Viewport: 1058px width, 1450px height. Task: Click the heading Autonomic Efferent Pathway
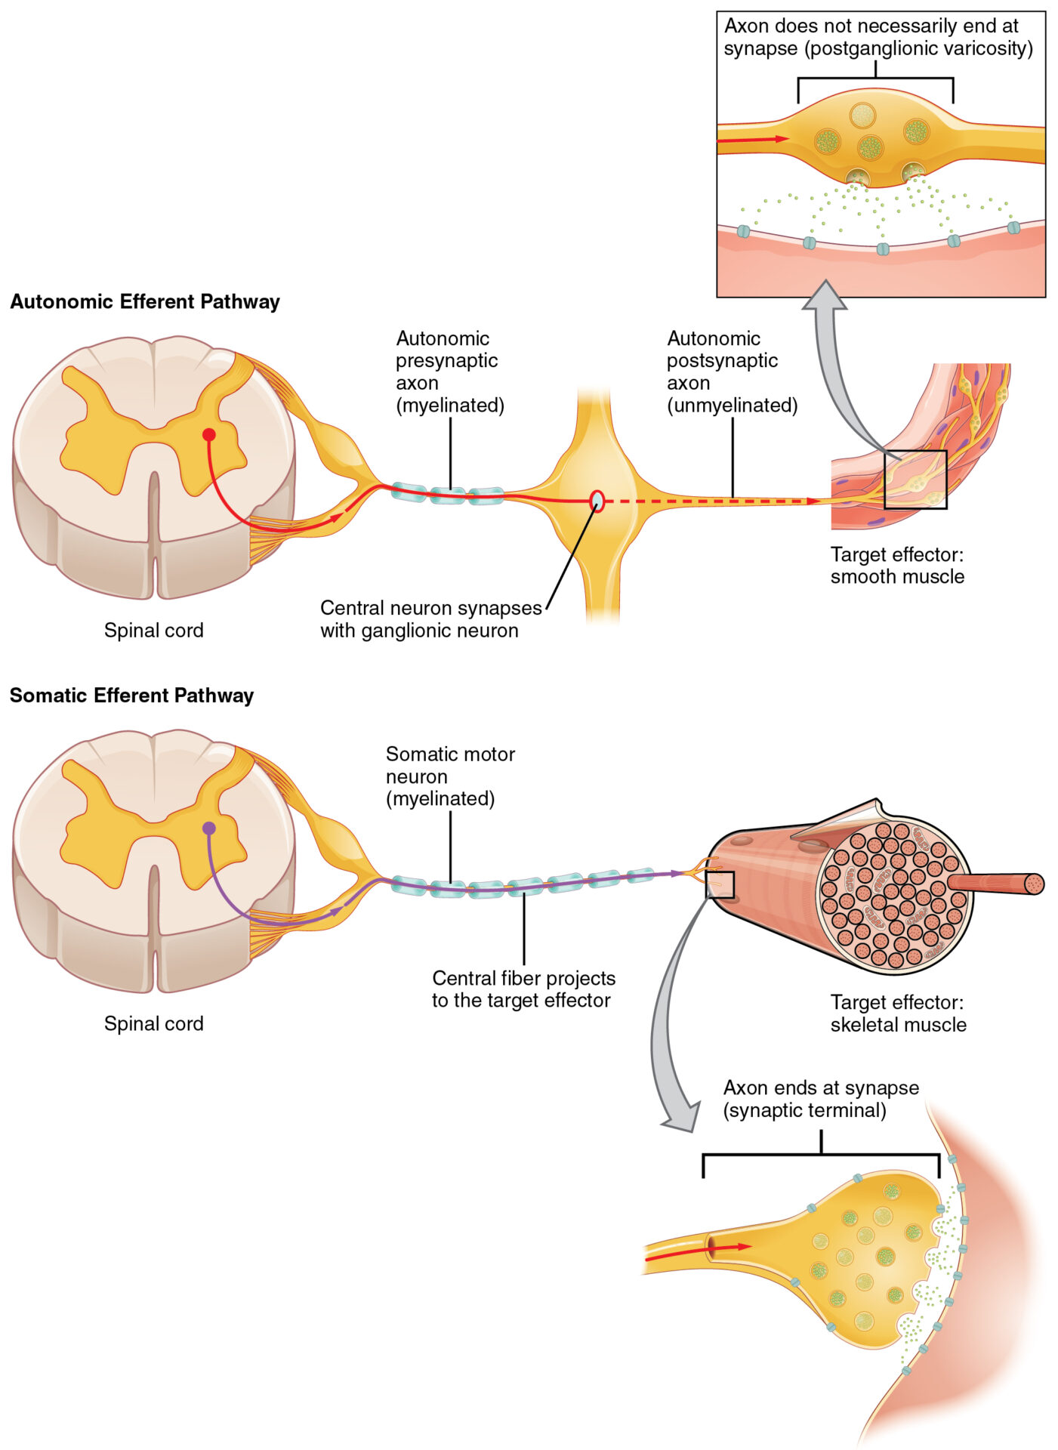pos(145,302)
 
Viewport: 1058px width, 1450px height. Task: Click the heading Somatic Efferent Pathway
pos(131,696)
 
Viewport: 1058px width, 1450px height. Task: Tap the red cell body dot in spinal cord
pos(209,434)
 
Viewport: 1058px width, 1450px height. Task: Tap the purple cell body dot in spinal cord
pos(209,828)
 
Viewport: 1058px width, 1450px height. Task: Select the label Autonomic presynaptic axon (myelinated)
pos(449,372)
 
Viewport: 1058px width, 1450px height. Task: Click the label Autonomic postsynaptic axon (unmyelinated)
pos(731,372)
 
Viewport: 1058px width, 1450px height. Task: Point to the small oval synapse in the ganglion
pos(597,501)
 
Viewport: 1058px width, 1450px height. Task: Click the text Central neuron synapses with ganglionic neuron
pos(430,619)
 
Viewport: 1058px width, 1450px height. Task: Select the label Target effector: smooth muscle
pos(897,566)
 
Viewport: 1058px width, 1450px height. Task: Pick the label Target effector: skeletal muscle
pos(898,1013)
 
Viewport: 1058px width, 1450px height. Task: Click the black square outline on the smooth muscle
pos(915,480)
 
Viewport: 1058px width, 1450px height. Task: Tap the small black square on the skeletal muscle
pos(720,884)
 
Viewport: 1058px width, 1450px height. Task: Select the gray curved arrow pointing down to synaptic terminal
pos(665,1042)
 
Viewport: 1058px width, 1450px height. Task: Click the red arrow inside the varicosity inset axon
pos(752,140)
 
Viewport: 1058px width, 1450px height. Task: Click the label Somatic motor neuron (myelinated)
pos(450,776)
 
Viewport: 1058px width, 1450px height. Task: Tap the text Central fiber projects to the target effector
pos(523,989)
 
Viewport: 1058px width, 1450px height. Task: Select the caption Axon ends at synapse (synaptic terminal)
pos(821,1099)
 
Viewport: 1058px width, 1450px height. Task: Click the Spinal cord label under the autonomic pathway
pos(154,631)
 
